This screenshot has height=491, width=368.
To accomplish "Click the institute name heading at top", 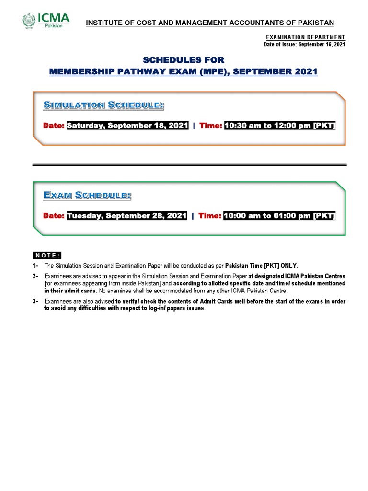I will (210, 23).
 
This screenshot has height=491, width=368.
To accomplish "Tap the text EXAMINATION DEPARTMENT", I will (304, 37).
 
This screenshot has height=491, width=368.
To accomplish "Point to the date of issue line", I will (304, 44).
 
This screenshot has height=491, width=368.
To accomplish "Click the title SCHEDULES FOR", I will (184, 59).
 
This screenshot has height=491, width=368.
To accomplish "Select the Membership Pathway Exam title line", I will (184, 72).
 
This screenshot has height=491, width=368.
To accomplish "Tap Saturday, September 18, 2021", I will (127, 126).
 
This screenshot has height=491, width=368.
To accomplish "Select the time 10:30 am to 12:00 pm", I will (280, 126).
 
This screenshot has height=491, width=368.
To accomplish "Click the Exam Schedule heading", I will (87, 195).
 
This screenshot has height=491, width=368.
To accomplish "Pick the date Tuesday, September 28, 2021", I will (126, 216).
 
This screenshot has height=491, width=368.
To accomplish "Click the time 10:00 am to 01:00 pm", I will (279, 216).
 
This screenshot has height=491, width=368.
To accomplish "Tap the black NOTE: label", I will (47, 255).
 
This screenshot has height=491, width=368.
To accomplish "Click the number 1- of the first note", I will (35, 265).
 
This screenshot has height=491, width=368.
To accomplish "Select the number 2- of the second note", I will (35, 277).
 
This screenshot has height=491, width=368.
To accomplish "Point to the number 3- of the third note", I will (35, 301).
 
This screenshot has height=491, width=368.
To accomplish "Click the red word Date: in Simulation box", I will (54, 126).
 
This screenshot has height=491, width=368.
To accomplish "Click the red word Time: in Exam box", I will (209, 216).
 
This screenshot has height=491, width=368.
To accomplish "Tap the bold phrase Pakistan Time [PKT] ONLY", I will (261, 265).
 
